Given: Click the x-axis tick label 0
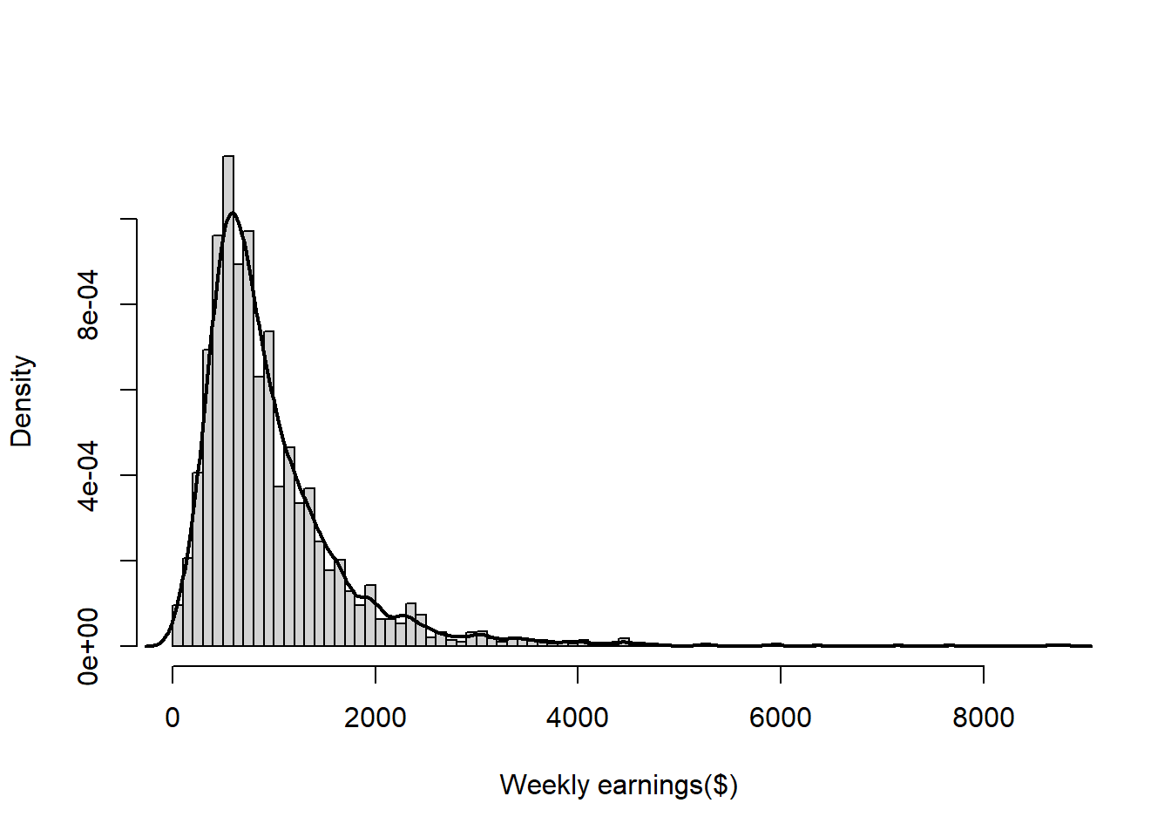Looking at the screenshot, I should pyautogui.click(x=173, y=718).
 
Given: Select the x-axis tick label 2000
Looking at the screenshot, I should pyautogui.click(x=375, y=718).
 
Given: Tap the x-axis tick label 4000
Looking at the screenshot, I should pyautogui.click(x=578, y=718).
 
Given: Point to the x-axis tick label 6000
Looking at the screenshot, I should pyautogui.click(x=781, y=718).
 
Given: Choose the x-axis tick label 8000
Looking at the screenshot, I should pyautogui.click(x=983, y=718).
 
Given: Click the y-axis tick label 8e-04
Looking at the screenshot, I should pyautogui.click(x=89, y=304).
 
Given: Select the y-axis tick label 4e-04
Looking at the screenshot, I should pyautogui.click(x=89, y=475).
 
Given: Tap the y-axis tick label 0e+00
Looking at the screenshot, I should pyautogui.click(x=89, y=646).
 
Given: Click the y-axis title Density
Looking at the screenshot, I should pyautogui.click(x=22, y=401).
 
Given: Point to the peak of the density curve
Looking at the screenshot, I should pyautogui.click(x=232, y=213).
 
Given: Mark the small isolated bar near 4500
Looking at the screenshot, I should pyautogui.click(x=624, y=643).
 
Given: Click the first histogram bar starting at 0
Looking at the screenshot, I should pyautogui.click(x=177, y=626).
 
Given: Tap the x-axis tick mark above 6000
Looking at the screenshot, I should pyautogui.click(x=781, y=674).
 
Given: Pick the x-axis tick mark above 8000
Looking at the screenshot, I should pyautogui.click(x=983, y=674).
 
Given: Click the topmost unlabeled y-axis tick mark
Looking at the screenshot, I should pyautogui.click(x=128, y=219).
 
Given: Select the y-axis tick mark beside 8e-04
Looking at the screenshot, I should pyautogui.click(x=128, y=304).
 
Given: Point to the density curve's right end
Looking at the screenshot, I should pyautogui.click(x=1090, y=646).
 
